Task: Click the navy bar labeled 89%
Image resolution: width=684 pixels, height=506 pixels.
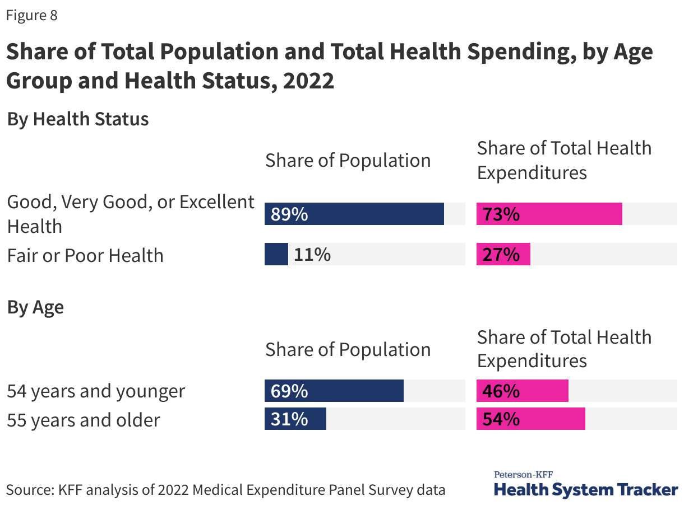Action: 354,214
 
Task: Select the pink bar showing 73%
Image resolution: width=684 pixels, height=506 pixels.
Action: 549,214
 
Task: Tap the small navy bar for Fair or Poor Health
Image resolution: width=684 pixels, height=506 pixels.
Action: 276,254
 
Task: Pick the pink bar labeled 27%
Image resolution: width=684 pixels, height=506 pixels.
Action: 503,254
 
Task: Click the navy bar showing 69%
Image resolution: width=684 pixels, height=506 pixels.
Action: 334,391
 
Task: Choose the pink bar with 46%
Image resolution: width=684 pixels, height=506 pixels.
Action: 523,391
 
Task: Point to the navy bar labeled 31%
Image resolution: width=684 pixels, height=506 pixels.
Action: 295,419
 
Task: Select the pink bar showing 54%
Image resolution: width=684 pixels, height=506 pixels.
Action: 531,419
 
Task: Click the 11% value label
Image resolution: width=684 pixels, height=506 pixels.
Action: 312,255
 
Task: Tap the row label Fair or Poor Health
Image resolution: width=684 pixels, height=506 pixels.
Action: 85,255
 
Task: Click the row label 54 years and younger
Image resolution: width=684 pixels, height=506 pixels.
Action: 96,391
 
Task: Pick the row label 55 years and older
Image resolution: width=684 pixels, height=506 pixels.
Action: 84,419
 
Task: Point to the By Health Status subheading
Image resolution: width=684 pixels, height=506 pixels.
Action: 78,119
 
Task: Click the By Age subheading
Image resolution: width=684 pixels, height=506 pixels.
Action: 35,307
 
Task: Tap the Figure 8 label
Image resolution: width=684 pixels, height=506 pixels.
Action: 32,15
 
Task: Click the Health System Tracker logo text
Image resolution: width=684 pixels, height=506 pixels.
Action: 586,490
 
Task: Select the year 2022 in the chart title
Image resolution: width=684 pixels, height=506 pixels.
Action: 309,81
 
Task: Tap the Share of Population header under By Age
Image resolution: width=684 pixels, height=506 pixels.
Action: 348,349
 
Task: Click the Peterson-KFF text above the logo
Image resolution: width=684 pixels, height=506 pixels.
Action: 523,475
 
